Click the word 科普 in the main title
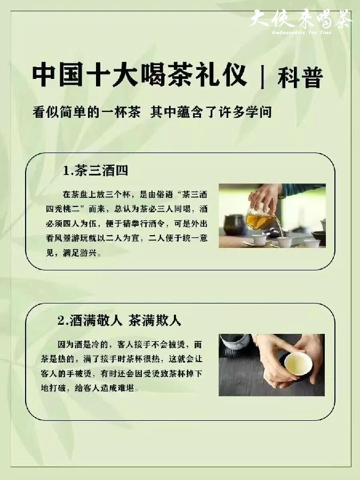300,78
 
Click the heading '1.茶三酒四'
95,171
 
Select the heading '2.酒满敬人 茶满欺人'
119,321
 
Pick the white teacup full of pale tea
297,364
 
